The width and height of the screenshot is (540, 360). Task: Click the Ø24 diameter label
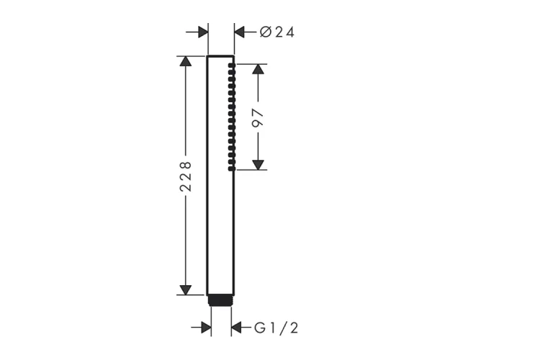tap(277, 32)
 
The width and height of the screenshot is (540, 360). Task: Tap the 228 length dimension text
tap(186, 176)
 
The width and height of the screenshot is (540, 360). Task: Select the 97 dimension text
tap(258, 118)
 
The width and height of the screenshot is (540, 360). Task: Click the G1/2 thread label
tap(276, 328)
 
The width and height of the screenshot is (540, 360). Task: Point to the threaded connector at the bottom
tap(221, 300)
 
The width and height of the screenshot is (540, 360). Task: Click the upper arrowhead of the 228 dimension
tap(186, 61)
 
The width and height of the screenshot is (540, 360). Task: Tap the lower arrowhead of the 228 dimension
tap(186, 290)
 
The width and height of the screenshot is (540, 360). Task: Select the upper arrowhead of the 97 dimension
tap(258, 69)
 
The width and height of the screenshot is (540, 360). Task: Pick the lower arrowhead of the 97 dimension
tap(258, 165)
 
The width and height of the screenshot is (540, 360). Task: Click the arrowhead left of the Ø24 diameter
tap(203, 32)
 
